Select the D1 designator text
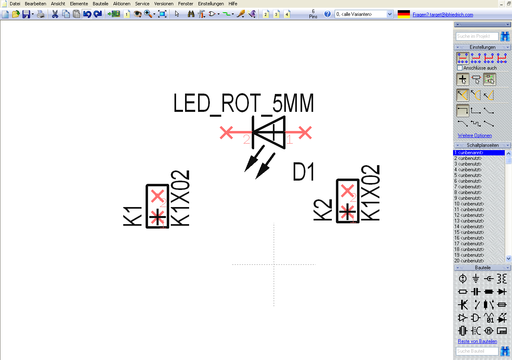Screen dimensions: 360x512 click(x=304, y=172)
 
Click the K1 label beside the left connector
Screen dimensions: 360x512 click(x=133, y=216)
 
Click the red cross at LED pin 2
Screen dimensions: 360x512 click(x=227, y=133)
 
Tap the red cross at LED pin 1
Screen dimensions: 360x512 click(x=305, y=133)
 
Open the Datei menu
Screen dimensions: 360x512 click(x=15, y=4)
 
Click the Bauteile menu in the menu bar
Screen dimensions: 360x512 click(x=100, y=4)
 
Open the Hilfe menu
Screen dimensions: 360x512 click(x=233, y=4)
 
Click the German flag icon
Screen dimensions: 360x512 click(x=403, y=14)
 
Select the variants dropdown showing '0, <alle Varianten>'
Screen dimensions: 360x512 click(x=364, y=14)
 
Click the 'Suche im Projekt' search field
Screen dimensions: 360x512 click(x=477, y=36)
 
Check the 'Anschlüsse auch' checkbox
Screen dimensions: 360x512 click(x=460, y=68)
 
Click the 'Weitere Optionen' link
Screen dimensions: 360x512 click(x=475, y=135)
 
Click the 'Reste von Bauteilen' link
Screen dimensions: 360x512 click(x=477, y=341)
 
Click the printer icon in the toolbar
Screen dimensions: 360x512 click(x=41, y=14)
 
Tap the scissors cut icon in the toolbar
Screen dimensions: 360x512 click(x=54, y=14)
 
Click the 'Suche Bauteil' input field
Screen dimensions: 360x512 click(x=477, y=351)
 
